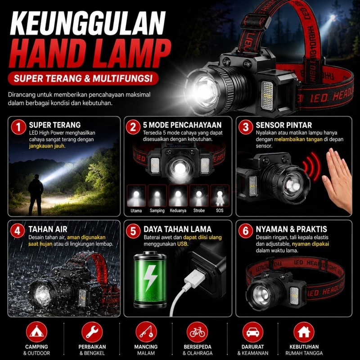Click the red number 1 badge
click(18, 127)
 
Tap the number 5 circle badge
click(133, 231)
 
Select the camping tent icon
click(36, 332)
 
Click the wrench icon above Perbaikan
click(92, 332)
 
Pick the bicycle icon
click(197, 332)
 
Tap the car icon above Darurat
click(253, 332)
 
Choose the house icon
click(304, 332)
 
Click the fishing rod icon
click(146, 332)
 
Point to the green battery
click(150, 279)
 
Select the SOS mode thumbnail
click(220, 196)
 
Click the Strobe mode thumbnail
click(199, 196)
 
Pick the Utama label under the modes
click(136, 211)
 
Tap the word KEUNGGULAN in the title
click(88, 23)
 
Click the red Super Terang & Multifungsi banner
click(83, 78)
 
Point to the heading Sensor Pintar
click(284, 125)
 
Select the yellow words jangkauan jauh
click(47, 146)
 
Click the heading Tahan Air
click(48, 229)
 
